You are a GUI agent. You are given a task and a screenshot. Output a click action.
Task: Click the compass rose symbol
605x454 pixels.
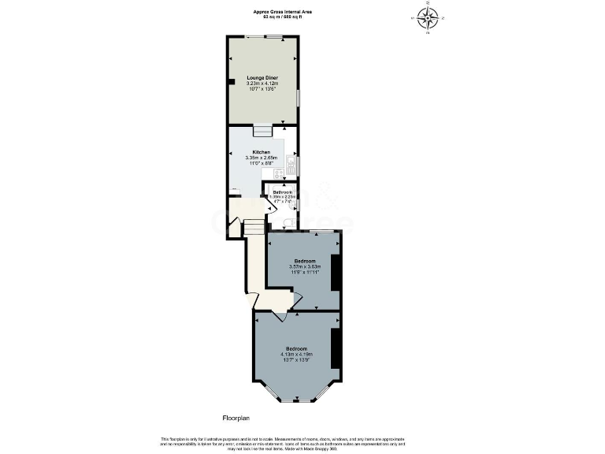click(x=429, y=17)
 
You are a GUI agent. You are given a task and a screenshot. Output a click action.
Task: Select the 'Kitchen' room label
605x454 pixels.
click(x=262, y=152)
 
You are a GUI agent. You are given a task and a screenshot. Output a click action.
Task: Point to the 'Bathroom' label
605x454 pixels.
click(x=283, y=192)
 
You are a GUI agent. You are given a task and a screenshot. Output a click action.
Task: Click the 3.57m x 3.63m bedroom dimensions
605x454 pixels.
click(x=304, y=267)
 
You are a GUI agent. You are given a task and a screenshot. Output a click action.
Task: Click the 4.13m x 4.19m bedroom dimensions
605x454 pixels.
click(x=296, y=355)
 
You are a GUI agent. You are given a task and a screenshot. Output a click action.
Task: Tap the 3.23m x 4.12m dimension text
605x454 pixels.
click(x=262, y=85)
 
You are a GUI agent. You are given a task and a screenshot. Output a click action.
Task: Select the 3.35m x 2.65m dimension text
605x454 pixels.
click(x=262, y=158)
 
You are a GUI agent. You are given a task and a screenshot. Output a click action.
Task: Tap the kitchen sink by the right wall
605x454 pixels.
click(x=291, y=166)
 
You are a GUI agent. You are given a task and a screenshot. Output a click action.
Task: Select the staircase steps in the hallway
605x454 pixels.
click(x=252, y=228)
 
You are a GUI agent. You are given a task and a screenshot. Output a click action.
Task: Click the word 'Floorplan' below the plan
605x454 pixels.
click(x=236, y=418)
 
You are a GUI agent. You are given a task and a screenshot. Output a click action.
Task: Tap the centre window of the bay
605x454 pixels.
click(x=296, y=400)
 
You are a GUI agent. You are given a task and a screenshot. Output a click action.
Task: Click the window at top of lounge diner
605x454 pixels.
click(x=275, y=37)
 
